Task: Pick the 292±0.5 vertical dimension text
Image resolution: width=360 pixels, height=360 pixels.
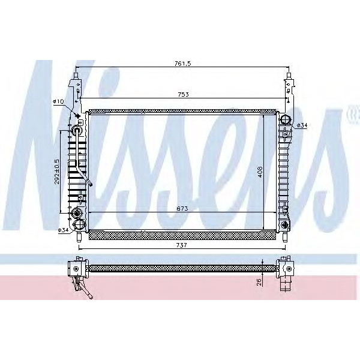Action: click(56, 171)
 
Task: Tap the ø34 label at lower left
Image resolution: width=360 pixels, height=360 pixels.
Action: click(62, 230)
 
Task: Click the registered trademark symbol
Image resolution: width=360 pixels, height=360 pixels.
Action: click(350, 111)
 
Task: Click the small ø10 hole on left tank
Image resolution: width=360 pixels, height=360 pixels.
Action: click(77, 114)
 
